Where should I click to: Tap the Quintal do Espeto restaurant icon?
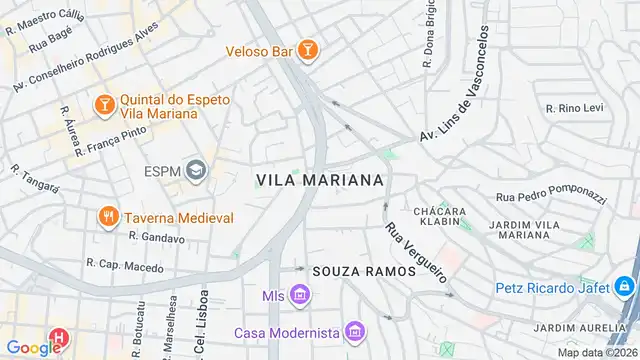104,103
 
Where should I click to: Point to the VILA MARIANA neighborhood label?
320,180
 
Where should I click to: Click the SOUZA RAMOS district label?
364,271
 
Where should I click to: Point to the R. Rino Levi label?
576,108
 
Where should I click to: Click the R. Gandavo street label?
157,238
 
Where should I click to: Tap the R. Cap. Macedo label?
124,265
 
